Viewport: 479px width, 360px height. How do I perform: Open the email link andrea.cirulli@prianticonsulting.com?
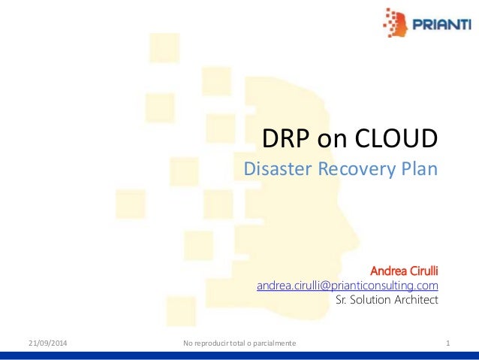pos(348,286)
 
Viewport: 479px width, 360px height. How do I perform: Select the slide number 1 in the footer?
pos(447,343)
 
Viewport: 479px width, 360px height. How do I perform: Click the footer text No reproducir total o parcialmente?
pos(239,343)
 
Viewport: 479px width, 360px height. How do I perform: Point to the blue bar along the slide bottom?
pos(239,355)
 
